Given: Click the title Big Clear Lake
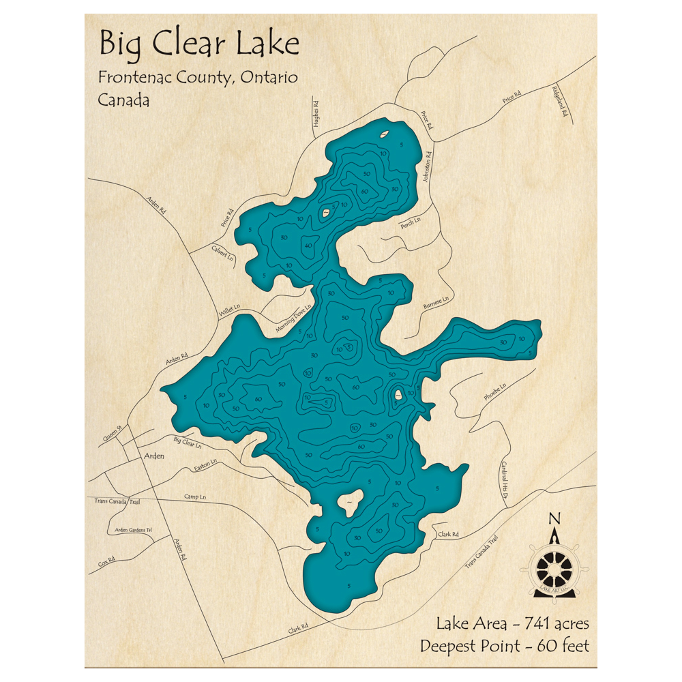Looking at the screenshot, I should coord(198,44).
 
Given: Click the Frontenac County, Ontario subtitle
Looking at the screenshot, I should coord(198,78).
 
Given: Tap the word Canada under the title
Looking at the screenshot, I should coord(123,100).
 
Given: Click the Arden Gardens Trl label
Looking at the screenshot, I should coord(132,529).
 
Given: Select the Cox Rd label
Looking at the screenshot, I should coord(106,563).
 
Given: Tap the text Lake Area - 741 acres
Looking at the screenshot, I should coord(513,623).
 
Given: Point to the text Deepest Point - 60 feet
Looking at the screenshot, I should coord(504,645).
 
